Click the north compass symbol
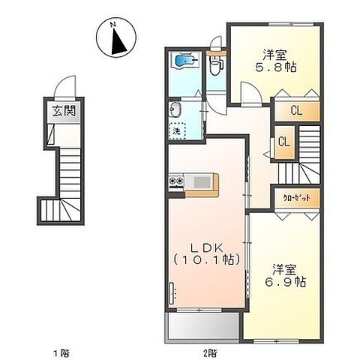click(x=116, y=37)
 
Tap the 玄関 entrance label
click(x=64, y=111)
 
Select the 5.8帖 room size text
click(x=276, y=67)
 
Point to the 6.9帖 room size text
click(x=285, y=282)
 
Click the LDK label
click(x=207, y=248)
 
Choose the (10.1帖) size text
click(x=207, y=260)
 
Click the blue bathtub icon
click(x=184, y=60)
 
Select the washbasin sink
click(x=175, y=109)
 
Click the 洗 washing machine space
click(x=177, y=131)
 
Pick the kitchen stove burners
click(x=176, y=181)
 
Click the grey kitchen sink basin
click(x=202, y=182)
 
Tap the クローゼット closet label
click(x=297, y=198)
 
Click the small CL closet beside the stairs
click(x=284, y=142)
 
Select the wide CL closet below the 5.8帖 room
click(x=297, y=111)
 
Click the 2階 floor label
click(x=209, y=353)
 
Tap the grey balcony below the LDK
click(x=203, y=325)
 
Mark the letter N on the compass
click(x=112, y=25)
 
